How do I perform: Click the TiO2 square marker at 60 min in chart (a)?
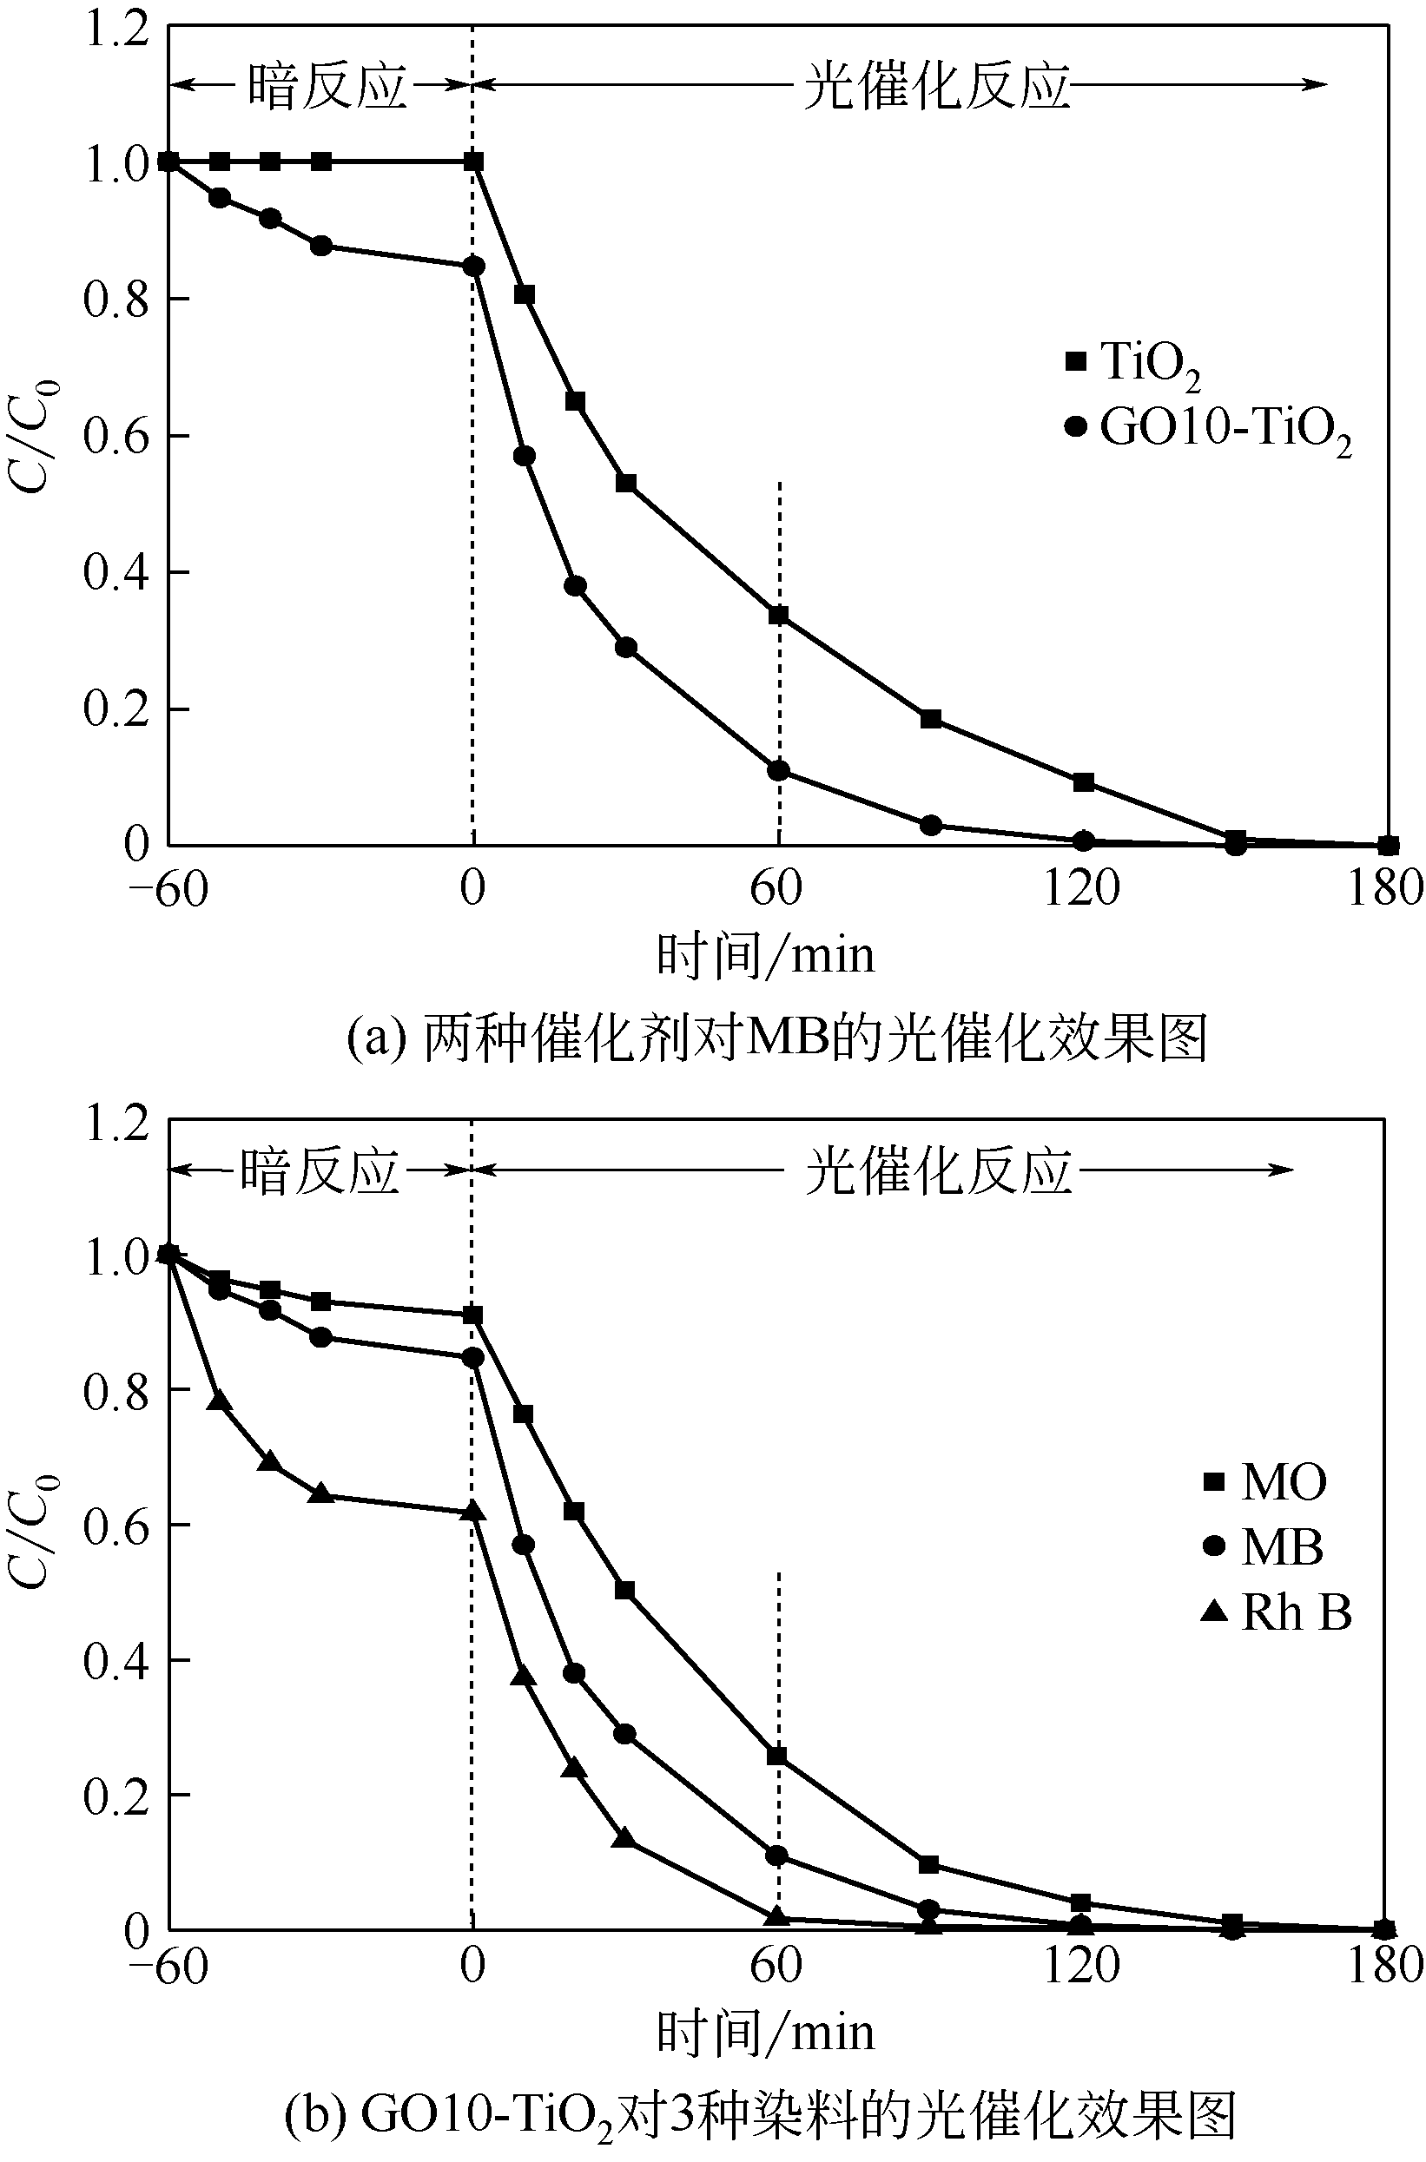[x=778, y=616]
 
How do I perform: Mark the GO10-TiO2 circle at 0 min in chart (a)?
[x=474, y=267]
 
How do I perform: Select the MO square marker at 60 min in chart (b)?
[x=777, y=1755]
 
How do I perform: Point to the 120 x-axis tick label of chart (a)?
[x=1080, y=887]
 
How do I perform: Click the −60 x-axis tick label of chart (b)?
[x=168, y=1966]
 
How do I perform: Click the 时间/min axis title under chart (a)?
[x=766, y=956]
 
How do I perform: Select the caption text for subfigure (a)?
[x=777, y=1038]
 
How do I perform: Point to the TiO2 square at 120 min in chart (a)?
[x=1083, y=782]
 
